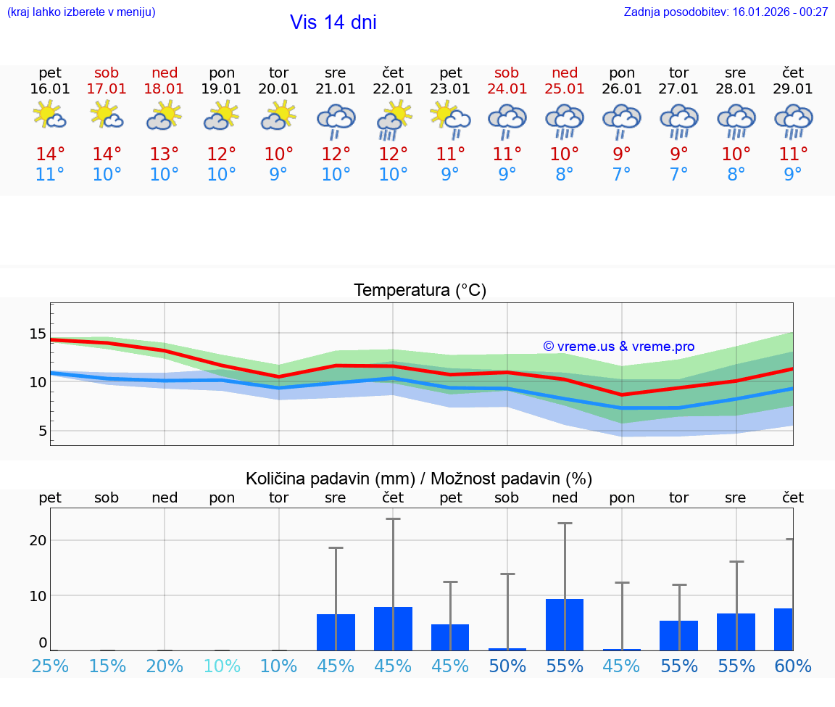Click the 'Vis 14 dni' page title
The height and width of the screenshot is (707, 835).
[x=333, y=22]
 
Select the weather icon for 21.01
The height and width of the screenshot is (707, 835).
[x=336, y=121]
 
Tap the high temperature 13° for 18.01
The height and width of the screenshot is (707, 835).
[x=165, y=154]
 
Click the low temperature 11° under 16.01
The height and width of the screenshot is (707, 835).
[x=50, y=175]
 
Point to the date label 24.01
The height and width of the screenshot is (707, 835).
[x=507, y=89]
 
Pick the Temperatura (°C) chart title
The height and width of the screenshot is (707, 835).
[x=420, y=291]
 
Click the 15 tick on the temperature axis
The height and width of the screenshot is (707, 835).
[x=38, y=334]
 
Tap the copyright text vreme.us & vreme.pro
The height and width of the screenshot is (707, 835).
[x=619, y=347]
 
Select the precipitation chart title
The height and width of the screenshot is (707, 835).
[x=419, y=479]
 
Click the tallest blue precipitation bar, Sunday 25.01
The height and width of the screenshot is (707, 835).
[x=565, y=624]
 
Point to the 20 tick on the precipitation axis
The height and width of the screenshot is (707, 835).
[x=38, y=540]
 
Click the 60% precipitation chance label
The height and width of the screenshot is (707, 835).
[x=793, y=666]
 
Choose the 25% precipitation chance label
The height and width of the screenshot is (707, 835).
[x=50, y=666]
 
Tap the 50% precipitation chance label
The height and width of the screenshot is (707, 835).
[x=507, y=666]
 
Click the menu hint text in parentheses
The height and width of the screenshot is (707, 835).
[x=81, y=12]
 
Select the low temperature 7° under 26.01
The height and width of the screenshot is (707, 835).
[x=622, y=175]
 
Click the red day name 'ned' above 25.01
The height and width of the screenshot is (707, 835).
[x=565, y=73]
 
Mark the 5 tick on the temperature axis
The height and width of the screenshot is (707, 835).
[x=42, y=431]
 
